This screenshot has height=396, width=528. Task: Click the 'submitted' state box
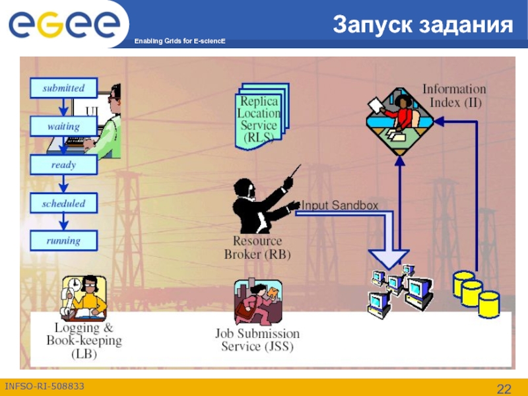[63, 88]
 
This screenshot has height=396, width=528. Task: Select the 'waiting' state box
[63, 126]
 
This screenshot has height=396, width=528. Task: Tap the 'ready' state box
[63, 165]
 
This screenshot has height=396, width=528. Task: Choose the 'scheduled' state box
[63, 203]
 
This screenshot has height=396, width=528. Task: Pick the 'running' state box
[63, 241]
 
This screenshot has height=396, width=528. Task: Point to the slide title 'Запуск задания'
[423, 25]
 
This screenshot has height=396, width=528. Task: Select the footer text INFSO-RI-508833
[44, 385]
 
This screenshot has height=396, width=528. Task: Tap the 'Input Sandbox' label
[340, 206]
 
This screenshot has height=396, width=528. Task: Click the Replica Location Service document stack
[260, 115]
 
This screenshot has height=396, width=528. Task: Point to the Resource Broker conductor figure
[261, 201]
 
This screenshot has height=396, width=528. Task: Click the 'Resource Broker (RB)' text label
[257, 247]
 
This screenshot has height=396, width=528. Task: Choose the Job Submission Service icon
[257, 302]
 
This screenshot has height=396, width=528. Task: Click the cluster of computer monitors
[399, 287]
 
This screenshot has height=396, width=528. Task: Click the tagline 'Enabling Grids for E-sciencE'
[180, 42]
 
